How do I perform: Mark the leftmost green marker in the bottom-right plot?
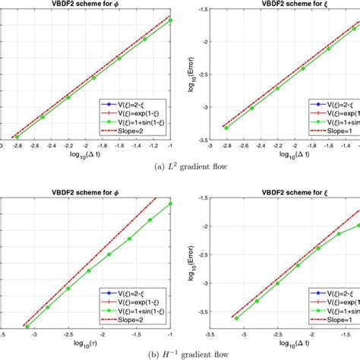click(x=236, y=317)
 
